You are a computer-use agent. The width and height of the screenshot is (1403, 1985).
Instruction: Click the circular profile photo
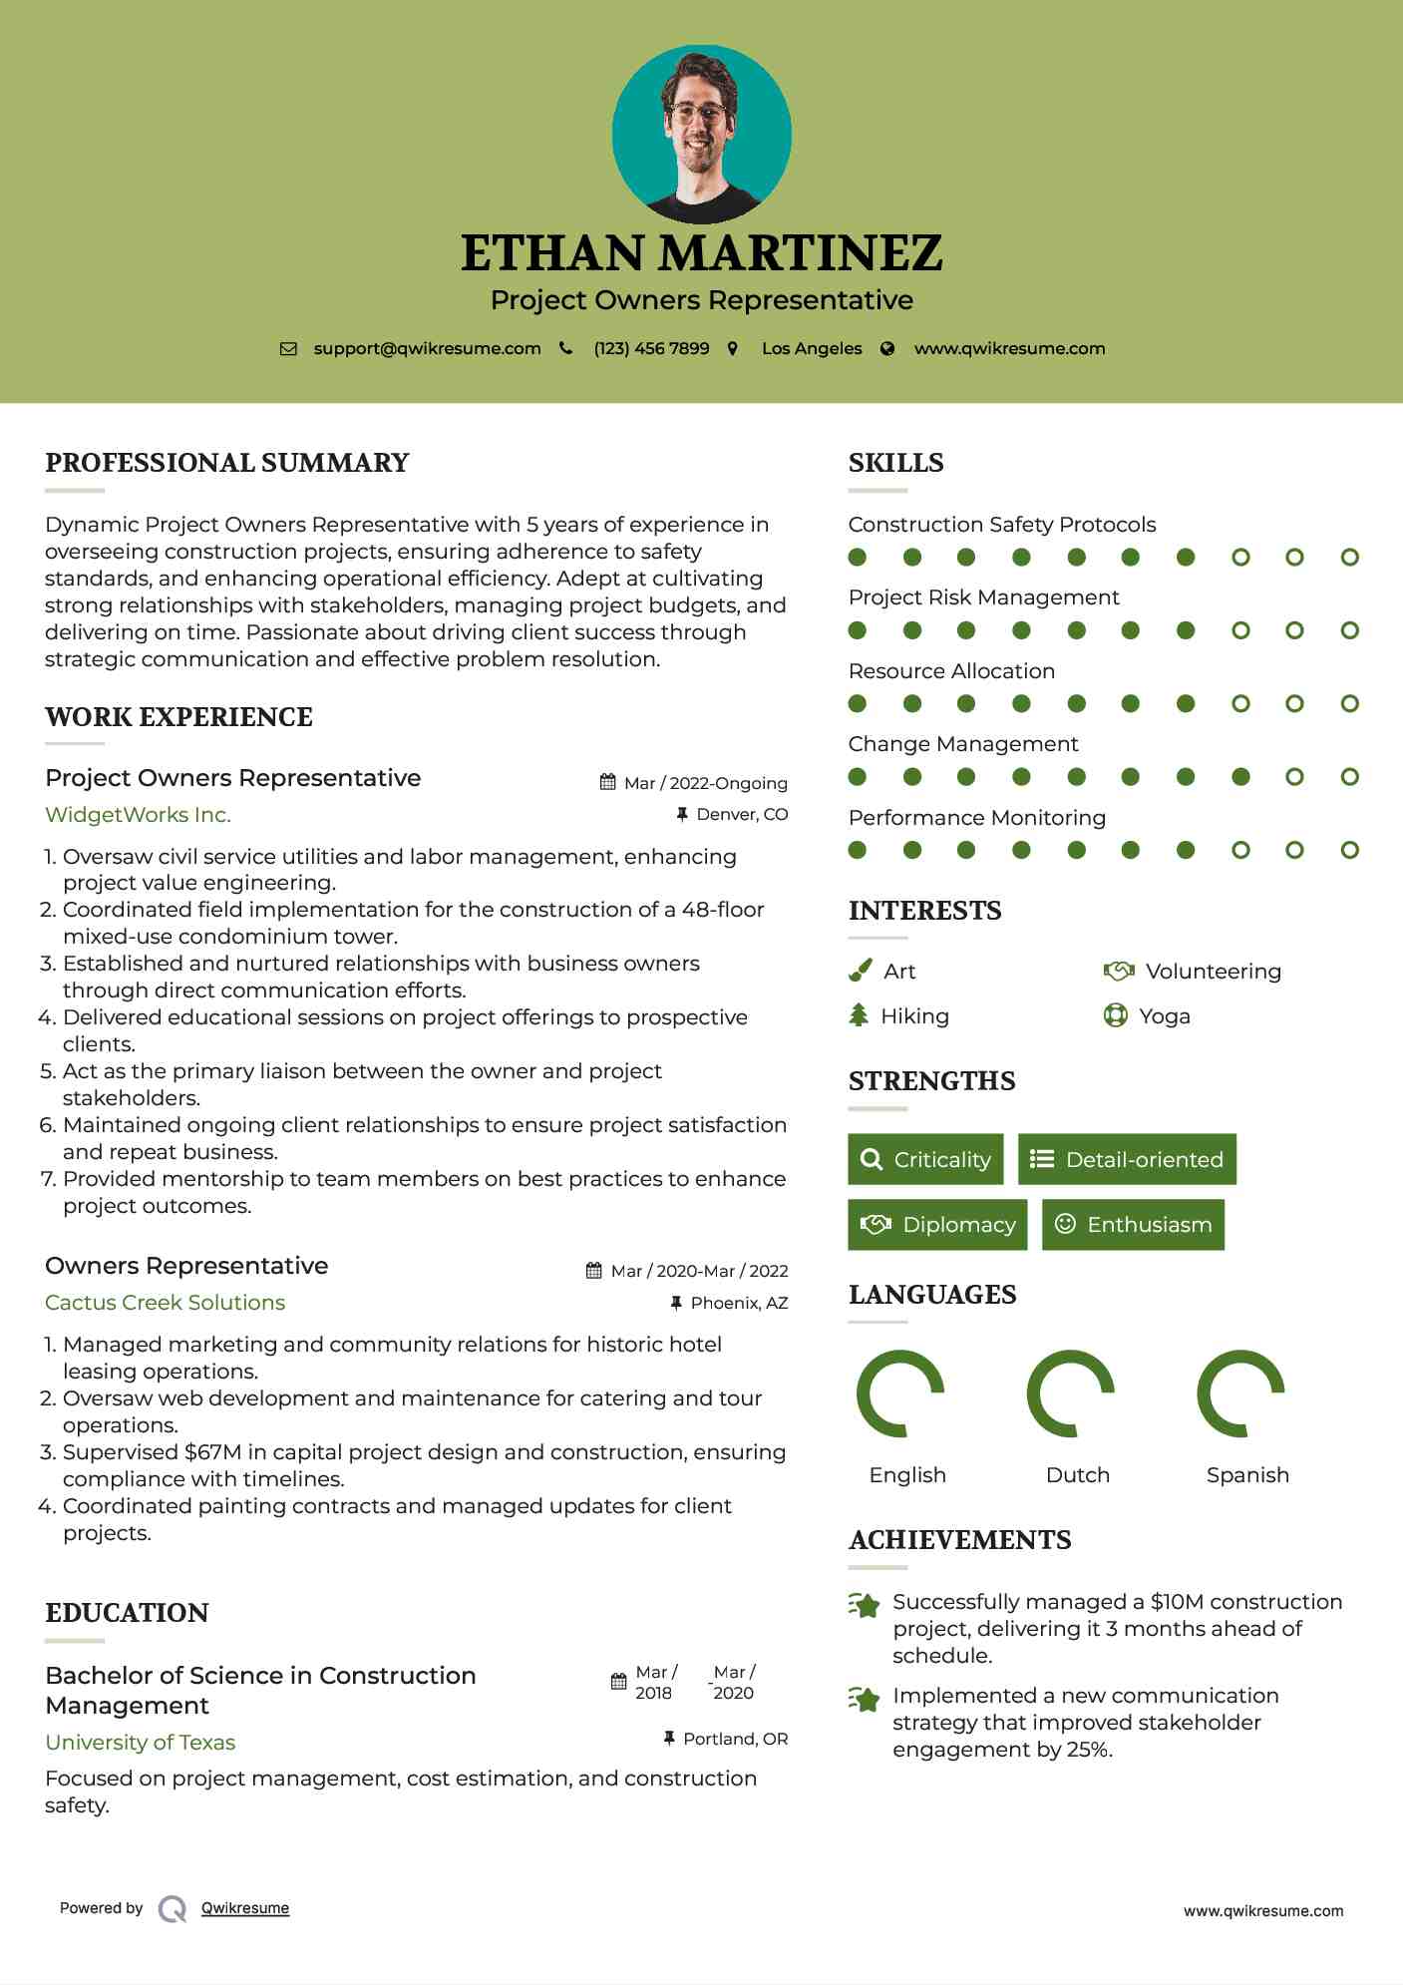[x=701, y=134]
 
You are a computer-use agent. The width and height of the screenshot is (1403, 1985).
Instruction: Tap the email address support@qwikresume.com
[x=427, y=348]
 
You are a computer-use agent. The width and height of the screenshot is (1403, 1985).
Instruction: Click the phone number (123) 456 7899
[x=651, y=348]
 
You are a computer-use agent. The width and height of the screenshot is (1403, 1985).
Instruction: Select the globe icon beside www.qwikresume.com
[x=887, y=348]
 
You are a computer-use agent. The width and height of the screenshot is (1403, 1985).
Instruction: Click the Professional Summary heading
[x=227, y=463]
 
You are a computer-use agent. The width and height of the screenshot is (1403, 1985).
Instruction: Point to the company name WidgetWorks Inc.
[x=138, y=815]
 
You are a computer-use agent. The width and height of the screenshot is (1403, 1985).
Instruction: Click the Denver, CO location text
[x=742, y=814]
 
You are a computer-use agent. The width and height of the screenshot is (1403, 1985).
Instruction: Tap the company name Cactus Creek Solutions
[x=165, y=1303]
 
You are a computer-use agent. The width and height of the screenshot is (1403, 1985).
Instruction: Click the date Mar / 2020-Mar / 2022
[x=699, y=1271]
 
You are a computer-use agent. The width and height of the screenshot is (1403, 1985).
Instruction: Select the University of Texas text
[x=140, y=1743]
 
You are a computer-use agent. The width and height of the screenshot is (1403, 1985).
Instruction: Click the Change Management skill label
[x=962, y=744]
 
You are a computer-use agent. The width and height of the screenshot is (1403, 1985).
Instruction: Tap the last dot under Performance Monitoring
[x=1349, y=850]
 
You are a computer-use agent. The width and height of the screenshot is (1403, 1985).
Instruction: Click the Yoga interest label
[x=1164, y=1016]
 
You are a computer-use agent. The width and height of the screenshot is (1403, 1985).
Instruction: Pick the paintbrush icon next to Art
[x=860, y=971]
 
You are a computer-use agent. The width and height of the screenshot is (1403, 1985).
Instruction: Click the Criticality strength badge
[x=925, y=1159]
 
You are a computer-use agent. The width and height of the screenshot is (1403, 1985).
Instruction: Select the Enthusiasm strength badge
[x=1133, y=1224]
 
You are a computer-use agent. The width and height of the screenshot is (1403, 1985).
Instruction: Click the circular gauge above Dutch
[x=1070, y=1393]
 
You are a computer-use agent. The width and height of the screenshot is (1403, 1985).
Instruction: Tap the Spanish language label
[x=1246, y=1475]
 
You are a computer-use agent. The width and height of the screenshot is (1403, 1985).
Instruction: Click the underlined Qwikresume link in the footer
[x=245, y=1908]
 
